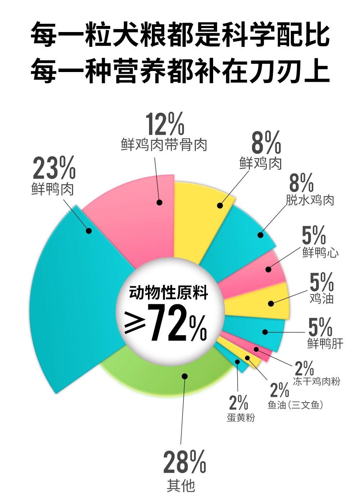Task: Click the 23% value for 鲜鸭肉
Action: (54, 168)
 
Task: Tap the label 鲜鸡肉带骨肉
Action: (164, 145)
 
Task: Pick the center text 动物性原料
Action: (168, 292)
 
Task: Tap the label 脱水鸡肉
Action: (310, 200)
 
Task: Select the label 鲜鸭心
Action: (320, 252)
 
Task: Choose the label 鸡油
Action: (321, 298)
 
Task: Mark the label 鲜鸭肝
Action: (325, 343)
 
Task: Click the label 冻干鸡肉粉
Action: (316, 381)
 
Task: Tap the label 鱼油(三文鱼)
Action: (295, 405)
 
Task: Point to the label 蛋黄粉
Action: (241, 418)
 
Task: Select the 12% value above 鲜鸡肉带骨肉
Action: (165, 124)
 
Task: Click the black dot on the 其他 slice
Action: (185, 376)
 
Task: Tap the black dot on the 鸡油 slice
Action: (271, 304)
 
